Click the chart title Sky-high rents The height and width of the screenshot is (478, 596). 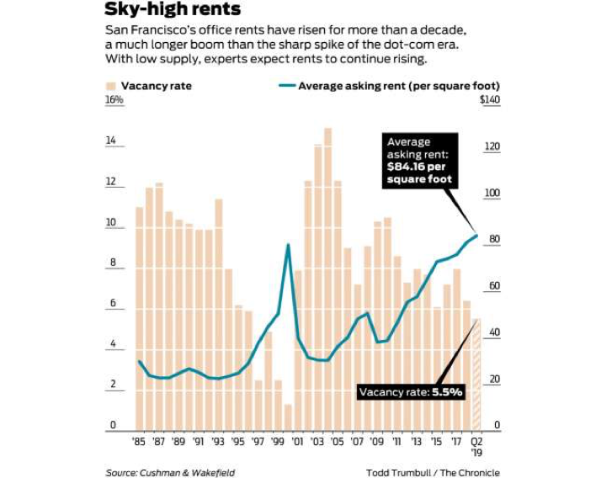(173, 10)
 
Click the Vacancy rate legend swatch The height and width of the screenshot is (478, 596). (110, 86)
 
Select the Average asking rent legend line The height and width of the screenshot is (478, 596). (285, 86)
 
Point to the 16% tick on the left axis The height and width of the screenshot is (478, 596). (114, 100)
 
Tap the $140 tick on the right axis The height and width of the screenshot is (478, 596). (489, 100)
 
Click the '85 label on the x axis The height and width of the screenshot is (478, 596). (140, 441)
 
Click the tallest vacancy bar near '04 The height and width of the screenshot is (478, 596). (327, 278)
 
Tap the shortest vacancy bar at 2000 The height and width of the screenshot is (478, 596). (288, 416)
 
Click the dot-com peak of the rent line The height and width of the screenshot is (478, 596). (288, 245)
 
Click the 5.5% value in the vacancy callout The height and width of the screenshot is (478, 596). (448, 392)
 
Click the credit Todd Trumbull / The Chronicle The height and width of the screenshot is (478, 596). (432, 472)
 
